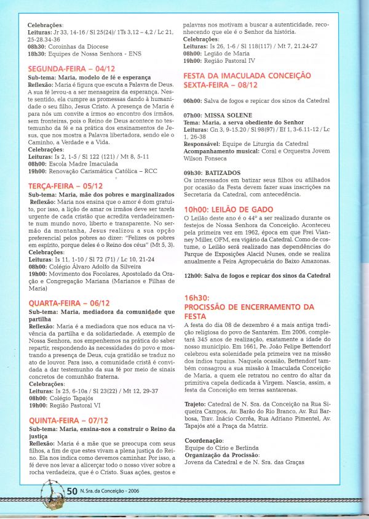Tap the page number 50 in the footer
click(x=71, y=491)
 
